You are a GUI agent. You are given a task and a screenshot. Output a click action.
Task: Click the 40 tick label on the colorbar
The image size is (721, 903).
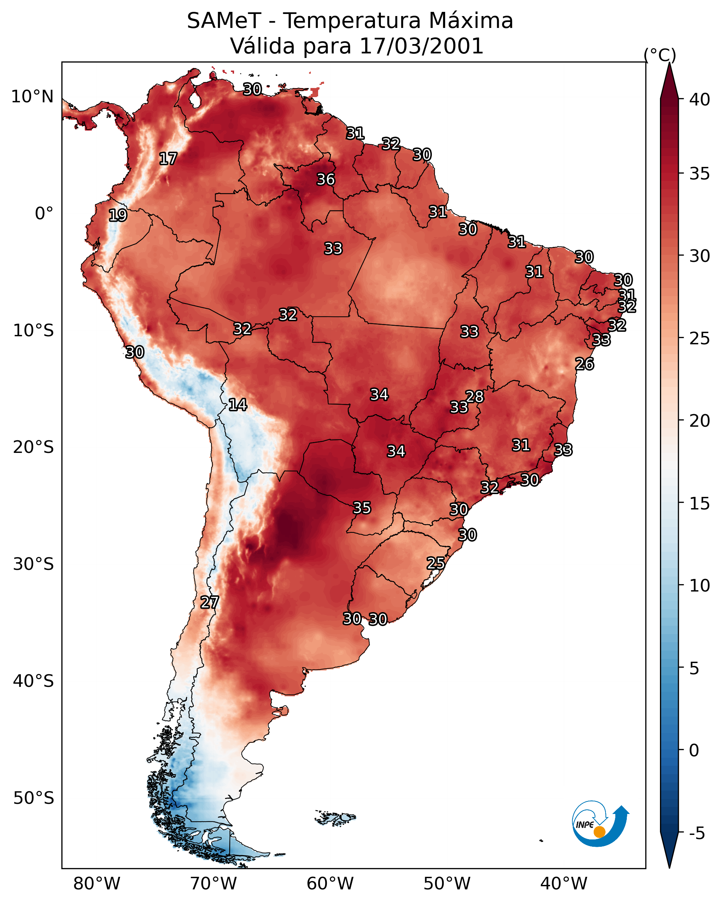click(699, 100)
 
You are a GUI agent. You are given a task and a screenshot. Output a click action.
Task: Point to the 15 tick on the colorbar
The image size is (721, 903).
click(699, 504)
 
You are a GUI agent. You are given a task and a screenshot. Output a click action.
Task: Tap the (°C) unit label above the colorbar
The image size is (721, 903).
click(660, 55)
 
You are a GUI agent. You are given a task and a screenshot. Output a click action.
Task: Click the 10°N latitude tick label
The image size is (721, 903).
click(32, 97)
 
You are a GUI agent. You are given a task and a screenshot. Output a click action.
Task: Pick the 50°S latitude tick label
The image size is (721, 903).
click(33, 798)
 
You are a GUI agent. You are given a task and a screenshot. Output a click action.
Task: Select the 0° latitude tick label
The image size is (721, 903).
click(44, 214)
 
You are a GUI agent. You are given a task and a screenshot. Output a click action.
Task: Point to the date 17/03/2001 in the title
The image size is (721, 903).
click(421, 46)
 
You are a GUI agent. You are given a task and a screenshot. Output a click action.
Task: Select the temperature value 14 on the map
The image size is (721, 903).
click(238, 405)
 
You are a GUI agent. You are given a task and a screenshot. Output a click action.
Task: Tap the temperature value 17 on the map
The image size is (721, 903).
click(168, 159)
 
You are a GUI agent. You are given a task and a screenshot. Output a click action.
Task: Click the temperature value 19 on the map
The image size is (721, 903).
click(118, 215)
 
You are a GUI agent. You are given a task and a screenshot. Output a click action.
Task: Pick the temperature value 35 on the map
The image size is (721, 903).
click(361, 508)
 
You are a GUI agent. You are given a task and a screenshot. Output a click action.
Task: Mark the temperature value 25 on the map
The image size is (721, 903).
click(436, 563)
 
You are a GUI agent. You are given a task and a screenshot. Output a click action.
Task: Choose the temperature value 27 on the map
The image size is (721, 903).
click(209, 602)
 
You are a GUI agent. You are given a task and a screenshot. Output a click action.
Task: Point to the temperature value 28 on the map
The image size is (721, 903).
click(474, 397)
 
